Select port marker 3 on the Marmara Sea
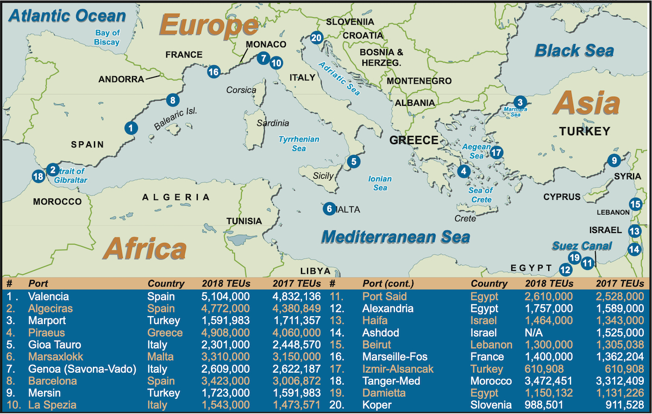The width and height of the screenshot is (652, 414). point(520,102)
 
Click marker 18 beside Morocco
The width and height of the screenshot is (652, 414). point(37,176)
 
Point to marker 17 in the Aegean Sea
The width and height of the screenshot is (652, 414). point(497,153)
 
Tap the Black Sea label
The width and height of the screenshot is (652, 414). point(574,51)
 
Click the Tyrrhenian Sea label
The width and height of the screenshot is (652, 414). point(299,143)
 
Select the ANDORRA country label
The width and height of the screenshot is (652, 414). point(121,79)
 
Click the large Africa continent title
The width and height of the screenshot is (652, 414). point(145,248)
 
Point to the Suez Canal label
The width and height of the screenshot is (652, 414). point(582,246)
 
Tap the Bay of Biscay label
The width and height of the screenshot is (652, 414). point(107,37)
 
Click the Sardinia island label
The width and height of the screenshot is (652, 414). point(273,123)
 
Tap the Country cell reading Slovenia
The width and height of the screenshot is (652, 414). point(491,405)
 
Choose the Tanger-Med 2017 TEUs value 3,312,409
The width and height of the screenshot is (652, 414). point(619,381)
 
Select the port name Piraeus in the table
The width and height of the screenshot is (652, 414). point(46,333)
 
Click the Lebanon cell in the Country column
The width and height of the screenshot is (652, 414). point(491,345)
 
